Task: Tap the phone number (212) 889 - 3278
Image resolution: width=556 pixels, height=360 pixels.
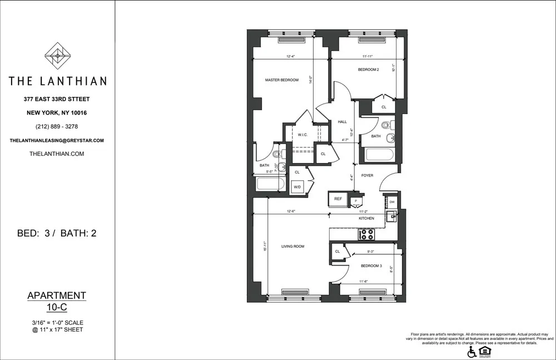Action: click(x=57, y=126)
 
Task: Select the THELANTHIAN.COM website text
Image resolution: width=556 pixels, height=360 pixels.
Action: click(x=57, y=154)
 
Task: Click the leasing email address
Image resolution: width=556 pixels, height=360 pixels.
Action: click(x=57, y=141)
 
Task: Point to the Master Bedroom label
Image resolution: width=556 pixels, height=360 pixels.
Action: click(x=281, y=80)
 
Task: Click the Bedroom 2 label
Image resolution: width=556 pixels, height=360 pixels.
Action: click(x=368, y=70)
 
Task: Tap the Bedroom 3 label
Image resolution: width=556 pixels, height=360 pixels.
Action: click(x=371, y=266)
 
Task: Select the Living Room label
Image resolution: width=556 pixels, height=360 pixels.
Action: click(x=292, y=246)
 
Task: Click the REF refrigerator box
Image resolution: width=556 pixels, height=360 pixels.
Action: click(x=337, y=199)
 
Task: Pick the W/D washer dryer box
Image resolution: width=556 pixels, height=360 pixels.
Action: click(x=297, y=187)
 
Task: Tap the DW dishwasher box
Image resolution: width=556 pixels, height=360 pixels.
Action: click(x=392, y=202)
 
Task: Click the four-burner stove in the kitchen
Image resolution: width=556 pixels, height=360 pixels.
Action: click(x=368, y=234)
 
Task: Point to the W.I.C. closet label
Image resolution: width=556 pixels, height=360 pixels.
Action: click(x=303, y=135)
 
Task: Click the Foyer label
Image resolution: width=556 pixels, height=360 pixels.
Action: click(x=367, y=175)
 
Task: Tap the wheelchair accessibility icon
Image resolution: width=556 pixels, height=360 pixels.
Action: click(x=471, y=352)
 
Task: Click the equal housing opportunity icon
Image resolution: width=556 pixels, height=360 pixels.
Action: click(x=485, y=351)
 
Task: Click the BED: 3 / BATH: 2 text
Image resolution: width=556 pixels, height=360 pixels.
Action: click(x=57, y=233)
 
